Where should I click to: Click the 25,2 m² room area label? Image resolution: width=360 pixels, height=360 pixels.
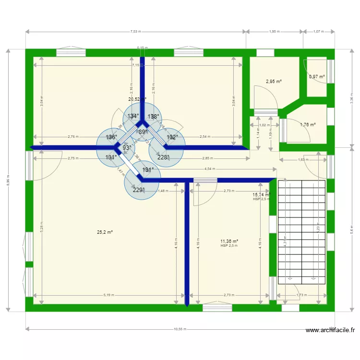coord(105,232)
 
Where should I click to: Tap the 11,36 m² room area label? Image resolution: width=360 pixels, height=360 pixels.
coord(229,241)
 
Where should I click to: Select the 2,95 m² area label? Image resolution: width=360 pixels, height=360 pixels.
coord(274,82)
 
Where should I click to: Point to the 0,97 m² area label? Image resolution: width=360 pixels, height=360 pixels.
coord(317,76)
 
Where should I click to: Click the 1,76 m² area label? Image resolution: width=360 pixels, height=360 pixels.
coord(308,125)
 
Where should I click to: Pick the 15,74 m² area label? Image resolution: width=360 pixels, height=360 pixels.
coord(261,194)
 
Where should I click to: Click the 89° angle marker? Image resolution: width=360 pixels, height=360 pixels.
coord(143,132)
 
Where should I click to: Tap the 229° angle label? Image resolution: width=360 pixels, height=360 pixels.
coord(139,190)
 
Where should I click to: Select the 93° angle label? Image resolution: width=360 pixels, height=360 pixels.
coord(127,148)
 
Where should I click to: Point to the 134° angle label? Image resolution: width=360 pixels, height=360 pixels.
coord(133,116)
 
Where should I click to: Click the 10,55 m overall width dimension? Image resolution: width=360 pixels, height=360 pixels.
coord(180,329)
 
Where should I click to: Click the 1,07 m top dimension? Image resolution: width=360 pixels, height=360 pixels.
coord(319,32)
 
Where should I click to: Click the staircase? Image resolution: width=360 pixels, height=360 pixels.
coord(302,230)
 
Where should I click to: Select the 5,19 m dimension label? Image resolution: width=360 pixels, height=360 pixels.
coord(108,295)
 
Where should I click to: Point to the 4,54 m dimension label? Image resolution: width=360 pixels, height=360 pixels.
coord(210,169)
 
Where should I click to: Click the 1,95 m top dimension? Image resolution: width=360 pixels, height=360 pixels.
coord(275,32)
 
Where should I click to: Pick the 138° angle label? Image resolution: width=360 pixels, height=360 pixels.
coord(153,116)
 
